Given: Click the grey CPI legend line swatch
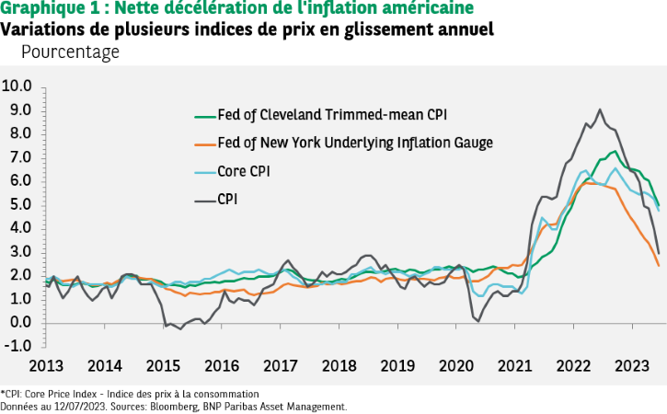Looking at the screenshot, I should (202, 198).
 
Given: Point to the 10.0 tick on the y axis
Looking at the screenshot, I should (17, 86).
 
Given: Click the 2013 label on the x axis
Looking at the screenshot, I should (45, 365).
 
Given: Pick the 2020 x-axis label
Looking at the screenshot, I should (456, 365).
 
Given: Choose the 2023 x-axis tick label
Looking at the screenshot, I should (633, 365).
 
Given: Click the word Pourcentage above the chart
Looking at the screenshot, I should (70, 52).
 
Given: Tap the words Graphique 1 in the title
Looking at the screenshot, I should (40, 9).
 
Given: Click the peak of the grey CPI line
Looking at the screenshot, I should (600, 109).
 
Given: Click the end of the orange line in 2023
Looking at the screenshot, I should (658, 266).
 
